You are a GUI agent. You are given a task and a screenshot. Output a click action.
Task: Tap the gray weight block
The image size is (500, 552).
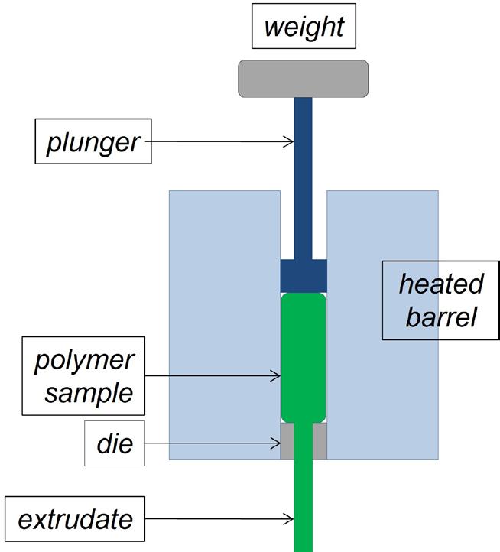pos(304,79)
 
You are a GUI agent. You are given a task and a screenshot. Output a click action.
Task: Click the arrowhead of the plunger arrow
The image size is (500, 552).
pos(291,141)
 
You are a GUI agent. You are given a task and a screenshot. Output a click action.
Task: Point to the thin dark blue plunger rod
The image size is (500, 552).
pos(304,176)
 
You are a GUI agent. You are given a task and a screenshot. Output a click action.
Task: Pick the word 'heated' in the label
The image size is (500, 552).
pos(440,284)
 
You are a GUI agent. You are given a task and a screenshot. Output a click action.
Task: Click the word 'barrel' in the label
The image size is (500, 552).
pos(440,315)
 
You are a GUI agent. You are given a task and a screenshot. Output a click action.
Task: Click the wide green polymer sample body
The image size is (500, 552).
pos(304,359)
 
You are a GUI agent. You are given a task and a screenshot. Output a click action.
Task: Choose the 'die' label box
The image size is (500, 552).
pos(115,443)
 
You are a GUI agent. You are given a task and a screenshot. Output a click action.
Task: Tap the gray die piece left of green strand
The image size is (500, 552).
pos(287,442)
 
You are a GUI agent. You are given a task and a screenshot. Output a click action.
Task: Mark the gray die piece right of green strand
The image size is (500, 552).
pos(320,442)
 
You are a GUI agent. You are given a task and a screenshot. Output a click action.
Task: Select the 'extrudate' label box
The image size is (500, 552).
pos(75,520)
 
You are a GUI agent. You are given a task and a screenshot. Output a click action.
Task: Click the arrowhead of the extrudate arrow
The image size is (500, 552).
pos(291,520)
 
